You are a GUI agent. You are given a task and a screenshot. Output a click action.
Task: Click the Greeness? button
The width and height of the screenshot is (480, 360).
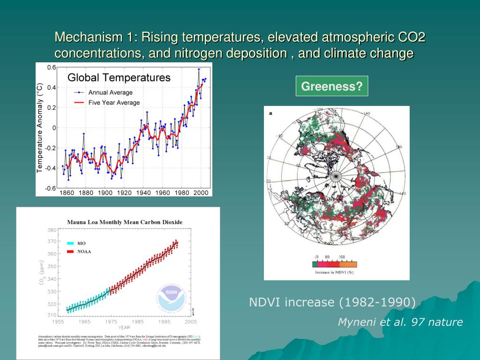331,86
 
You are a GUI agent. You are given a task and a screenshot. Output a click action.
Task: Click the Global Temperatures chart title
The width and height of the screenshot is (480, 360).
119,78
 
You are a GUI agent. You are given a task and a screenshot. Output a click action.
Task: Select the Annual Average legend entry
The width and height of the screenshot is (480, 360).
110,92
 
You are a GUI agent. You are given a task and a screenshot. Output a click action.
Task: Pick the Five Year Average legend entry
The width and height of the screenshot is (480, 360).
114,103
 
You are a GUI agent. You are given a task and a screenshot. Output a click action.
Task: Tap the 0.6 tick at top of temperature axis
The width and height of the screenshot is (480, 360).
51,67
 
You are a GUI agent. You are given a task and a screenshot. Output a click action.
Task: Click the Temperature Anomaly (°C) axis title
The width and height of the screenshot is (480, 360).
40,127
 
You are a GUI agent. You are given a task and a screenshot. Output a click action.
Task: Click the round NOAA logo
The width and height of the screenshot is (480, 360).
172,299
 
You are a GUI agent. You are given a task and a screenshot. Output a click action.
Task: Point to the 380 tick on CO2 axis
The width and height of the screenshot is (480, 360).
52,230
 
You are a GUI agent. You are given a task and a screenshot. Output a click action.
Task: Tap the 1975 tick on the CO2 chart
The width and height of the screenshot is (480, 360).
111,322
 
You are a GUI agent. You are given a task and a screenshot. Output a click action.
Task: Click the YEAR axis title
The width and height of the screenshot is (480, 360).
124,327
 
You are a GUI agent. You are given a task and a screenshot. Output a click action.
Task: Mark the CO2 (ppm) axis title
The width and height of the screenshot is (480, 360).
42,274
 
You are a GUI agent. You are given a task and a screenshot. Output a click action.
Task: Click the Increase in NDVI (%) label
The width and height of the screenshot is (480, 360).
334,272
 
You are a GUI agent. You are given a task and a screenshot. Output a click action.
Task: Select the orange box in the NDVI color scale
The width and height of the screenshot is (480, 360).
351,264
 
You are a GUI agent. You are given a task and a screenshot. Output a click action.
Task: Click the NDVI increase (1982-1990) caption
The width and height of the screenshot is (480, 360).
332,302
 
